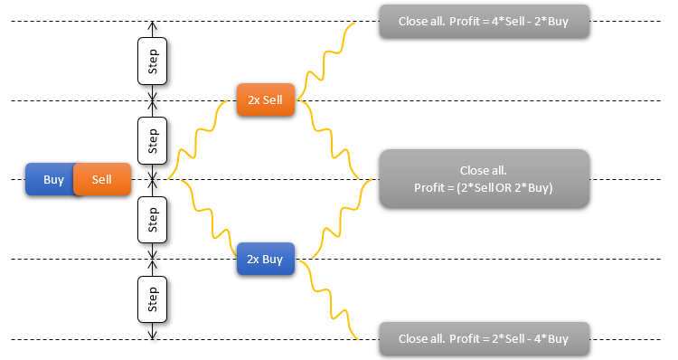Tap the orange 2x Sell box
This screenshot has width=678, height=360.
tap(266, 100)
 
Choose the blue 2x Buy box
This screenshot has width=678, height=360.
tap(266, 260)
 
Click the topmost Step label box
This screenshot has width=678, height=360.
tap(152, 62)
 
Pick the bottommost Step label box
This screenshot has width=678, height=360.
tap(152, 299)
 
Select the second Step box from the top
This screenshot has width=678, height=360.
tap(152, 140)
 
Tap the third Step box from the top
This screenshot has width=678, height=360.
tap(152, 220)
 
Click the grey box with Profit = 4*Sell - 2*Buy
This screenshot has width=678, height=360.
tap(484, 21)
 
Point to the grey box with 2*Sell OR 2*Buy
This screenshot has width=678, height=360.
tap(484, 179)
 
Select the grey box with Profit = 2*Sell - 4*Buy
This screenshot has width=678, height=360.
tap(484, 338)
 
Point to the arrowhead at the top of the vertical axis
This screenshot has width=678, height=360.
tap(152, 24)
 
